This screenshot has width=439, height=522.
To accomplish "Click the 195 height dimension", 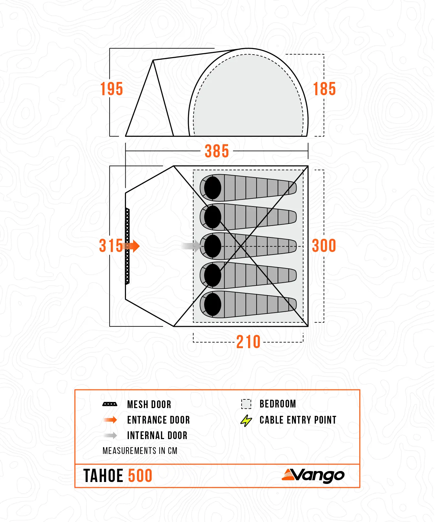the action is point(111,89).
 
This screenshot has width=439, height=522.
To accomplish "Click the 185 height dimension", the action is point(324,89).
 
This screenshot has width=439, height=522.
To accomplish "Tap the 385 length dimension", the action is point(217,151).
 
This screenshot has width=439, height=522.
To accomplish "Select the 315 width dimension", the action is point(111,246).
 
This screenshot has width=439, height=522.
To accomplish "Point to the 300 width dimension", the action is point(324,246).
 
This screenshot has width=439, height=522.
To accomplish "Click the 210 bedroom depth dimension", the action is point(248,342).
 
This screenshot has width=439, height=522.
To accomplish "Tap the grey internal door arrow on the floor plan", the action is point(191,246).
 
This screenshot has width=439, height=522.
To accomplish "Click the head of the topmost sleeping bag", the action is point(213,188).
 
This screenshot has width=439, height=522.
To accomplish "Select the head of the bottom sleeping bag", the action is point(213,305).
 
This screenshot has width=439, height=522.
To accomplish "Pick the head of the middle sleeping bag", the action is point(213,246).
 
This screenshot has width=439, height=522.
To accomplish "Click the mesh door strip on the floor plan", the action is point(127,246).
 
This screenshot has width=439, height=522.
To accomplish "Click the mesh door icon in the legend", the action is point(110,404).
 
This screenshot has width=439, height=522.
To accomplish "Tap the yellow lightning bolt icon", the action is point(246,420).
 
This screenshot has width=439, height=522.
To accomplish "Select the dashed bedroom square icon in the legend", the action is point(246,404).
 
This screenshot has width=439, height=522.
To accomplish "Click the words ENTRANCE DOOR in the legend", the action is point(158,420).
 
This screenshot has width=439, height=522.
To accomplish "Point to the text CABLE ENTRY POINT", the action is point(298,420).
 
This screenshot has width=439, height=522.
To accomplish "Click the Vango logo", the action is point(313,476).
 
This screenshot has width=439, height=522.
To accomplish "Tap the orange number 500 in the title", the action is point(140,476).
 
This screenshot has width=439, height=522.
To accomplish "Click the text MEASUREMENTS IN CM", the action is point(140,451).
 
